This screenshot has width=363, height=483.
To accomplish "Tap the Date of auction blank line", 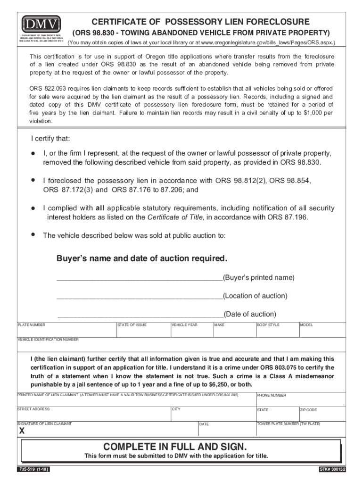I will click(140, 315).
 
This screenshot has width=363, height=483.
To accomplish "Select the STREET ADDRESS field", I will click(93, 414).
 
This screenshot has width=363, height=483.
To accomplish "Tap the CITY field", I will click(212, 414).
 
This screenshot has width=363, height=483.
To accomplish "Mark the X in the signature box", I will click(22, 432).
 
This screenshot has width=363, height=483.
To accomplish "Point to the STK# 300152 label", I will click(332, 470).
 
